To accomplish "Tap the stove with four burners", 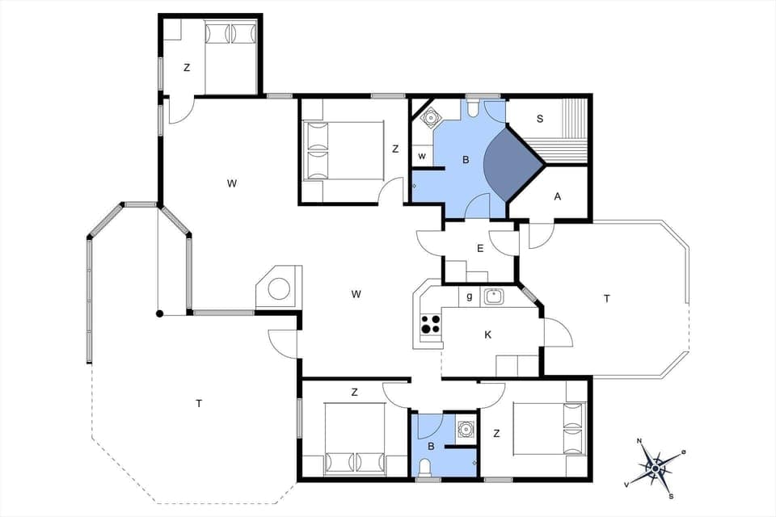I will click(431, 324).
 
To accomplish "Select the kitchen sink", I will click(494, 296).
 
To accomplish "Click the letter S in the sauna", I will click(539, 119).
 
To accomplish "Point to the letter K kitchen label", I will click(487, 334).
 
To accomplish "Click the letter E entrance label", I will click(480, 248).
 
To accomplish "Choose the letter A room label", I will click(557, 195).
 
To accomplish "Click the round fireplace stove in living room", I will click(280, 288).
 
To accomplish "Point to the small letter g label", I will click(470, 297).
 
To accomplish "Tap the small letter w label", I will click(422, 155).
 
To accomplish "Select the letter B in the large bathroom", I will click(465, 160).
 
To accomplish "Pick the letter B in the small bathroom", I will click(431, 445).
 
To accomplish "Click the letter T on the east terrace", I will click(606, 298).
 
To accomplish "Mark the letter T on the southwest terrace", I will click(198, 402).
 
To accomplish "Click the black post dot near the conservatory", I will click(160, 313).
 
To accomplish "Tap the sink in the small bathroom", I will click(465, 428).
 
